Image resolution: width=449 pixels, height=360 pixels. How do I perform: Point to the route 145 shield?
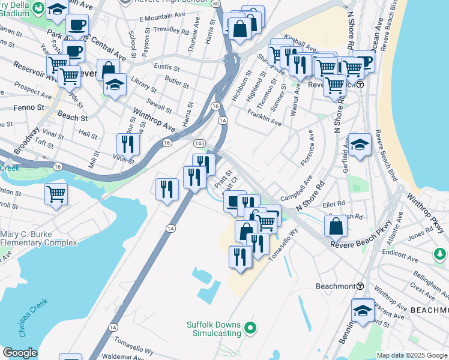pyautogui.click(x=200, y=143)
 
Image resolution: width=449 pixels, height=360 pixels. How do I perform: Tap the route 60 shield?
pyautogui.click(x=215, y=4)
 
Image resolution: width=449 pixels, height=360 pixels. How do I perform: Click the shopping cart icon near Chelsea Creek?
pyautogui.click(x=56, y=194)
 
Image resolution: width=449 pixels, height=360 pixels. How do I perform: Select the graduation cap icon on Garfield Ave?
pyautogui.click(x=360, y=145)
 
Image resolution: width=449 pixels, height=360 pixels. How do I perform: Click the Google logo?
pyautogui.click(x=19, y=352)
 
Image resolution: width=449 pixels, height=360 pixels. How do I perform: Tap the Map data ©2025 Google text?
pyautogui.click(x=411, y=355)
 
